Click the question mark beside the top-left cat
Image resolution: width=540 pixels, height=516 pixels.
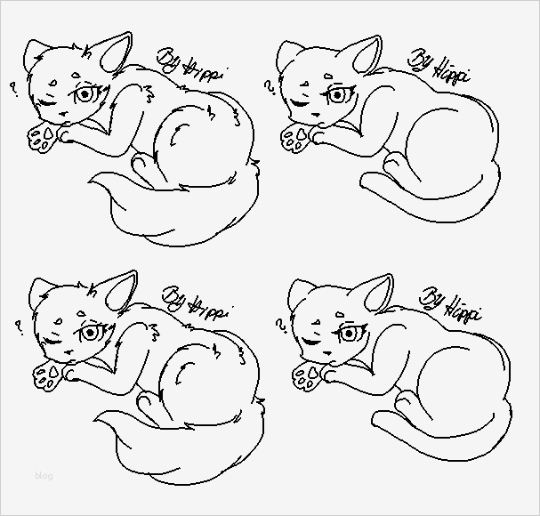pos(13,89)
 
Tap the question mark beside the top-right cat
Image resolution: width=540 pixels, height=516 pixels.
pos(269,87)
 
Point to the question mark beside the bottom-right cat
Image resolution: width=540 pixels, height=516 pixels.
pos(281,324)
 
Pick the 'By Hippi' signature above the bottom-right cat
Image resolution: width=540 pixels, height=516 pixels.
pos(451,302)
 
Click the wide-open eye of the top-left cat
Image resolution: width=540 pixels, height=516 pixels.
pos(86,94)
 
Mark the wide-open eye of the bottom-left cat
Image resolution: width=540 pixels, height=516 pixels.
pos(90,334)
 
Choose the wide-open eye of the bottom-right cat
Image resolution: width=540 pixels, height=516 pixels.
pos(347,335)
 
